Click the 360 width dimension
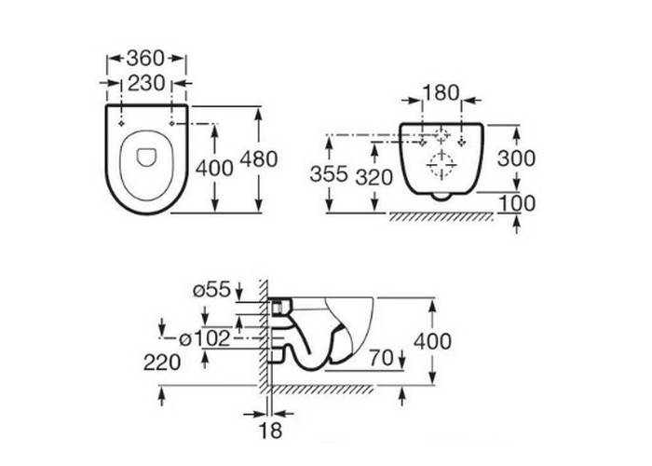pyautogui.click(x=145, y=58)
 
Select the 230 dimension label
pyautogui.click(x=146, y=83)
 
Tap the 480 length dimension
pyautogui.click(x=259, y=159)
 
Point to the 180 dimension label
pyautogui.click(x=441, y=93)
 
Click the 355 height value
pyautogui.click(x=329, y=174)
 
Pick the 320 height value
pyautogui.click(x=374, y=177)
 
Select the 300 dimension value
pyautogui.click(x=516, y=158)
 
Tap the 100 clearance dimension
pyautogui.click(x=516, y=203)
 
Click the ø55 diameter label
pyautogui.click(x=211, y=290)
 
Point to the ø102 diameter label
pyautogui.click(x=205, y=339)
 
